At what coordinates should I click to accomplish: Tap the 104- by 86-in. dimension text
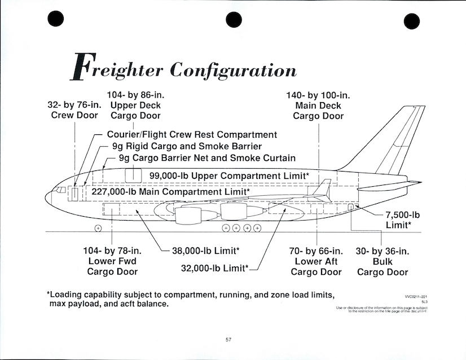tap(135, 95)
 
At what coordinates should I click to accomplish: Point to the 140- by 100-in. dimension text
tap(318, 95)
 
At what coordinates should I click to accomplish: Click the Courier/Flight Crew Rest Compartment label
tap(192, 135)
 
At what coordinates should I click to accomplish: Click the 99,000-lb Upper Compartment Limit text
tap(229, 175)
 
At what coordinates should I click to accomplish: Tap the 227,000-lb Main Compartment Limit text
tap(170, 191)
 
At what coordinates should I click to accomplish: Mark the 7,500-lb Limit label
tap(403, 219)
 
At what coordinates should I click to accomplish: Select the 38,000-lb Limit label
tap(205, 251)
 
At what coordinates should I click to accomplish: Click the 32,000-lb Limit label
tap(214, 268)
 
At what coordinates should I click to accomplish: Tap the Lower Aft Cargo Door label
tap(316, 262)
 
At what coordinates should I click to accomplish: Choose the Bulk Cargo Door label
tap(383, 262)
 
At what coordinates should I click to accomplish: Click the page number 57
tap(228, 339)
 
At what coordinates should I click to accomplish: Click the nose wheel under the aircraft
tap(98, 228)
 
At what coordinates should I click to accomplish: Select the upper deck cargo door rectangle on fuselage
tap(133, 174)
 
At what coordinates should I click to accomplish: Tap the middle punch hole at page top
tap(234, 20)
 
